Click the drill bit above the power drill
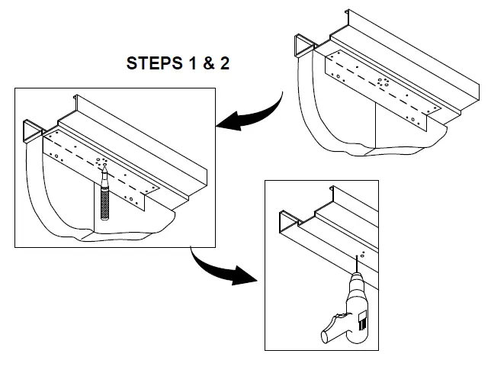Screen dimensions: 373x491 click(356, 266)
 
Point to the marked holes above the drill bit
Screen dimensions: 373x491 click(363, 253)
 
